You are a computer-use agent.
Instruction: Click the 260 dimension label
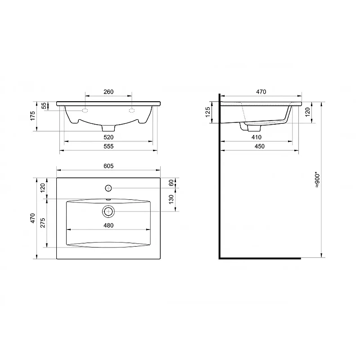[108, 92]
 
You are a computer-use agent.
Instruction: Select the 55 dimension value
[44, 106]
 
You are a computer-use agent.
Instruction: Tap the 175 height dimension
[32, 116]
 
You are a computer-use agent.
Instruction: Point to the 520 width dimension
[108, 137]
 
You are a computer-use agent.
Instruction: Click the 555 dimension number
[108, 147]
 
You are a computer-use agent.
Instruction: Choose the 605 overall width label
[108, 166]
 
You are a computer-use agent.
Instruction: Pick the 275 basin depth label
[43, 223]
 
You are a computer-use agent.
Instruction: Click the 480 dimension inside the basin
[108, 225]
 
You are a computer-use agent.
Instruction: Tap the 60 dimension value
[171, 183]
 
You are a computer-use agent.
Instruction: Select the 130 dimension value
[171, 199]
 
